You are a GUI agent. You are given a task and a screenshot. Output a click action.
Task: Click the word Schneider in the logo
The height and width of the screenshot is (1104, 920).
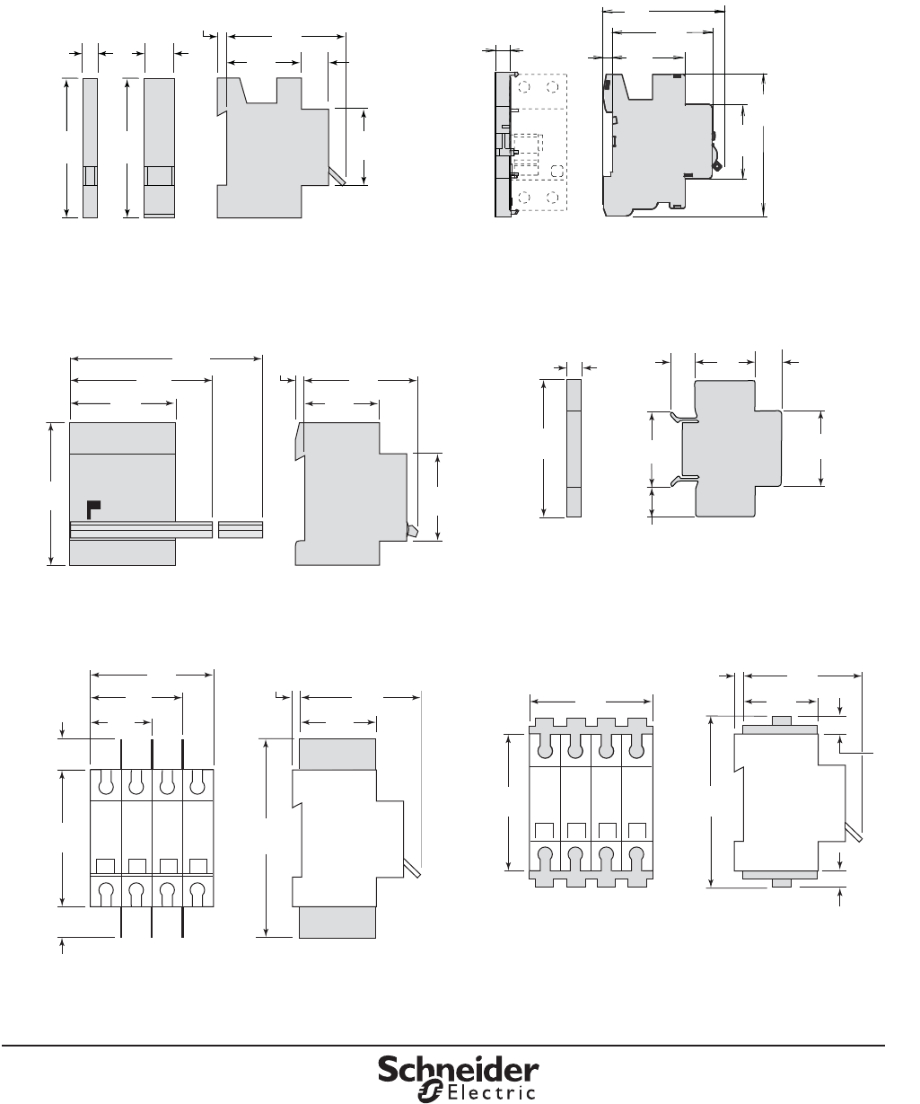click(458, 1069)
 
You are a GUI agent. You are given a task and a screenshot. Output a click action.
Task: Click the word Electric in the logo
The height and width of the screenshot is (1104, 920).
click(492, 1092)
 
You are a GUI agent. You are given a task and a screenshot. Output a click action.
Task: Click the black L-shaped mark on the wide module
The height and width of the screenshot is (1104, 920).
click(93, 509)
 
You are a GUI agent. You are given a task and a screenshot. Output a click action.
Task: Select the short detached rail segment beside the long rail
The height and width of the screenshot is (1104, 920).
click(241, 529)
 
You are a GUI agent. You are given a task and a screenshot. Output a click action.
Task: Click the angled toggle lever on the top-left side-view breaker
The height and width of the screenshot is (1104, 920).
click(337, 176)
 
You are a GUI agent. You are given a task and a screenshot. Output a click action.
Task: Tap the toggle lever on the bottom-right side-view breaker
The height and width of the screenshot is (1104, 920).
click(854, 832)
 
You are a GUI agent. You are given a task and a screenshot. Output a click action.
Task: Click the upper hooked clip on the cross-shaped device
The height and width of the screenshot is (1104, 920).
click(684, 417)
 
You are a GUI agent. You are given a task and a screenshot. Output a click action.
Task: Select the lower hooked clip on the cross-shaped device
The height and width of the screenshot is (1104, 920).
click(684, 480)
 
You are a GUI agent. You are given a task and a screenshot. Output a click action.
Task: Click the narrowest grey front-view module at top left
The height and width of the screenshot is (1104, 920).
click(90, 148)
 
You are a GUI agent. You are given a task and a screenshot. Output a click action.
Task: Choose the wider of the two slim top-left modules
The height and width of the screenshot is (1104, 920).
click(159, 148)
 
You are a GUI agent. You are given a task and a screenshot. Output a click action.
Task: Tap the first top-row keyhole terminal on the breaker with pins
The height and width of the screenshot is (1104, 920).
click(106, 784)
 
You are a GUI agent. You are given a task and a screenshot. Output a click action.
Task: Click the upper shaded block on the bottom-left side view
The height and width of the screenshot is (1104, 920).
click(337, 754)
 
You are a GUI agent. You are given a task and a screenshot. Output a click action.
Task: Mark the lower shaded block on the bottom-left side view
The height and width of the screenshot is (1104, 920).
click(337, 923)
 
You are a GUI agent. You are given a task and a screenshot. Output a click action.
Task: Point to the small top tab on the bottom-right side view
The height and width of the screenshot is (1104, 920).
click(782, 720)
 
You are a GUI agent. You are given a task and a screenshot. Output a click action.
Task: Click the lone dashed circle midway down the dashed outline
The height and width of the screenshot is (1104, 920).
click(556, 171)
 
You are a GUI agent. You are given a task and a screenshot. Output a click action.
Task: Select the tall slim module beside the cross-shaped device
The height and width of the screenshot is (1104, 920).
click(574, 448)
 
